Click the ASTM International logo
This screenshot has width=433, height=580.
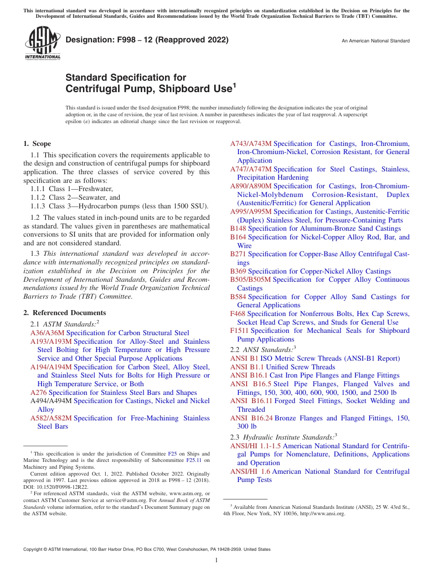coord(42,43)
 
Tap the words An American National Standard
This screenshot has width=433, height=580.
coord(376,41)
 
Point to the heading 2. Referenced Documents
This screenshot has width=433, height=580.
coord(65,313)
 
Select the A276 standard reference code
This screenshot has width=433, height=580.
coord(39,393)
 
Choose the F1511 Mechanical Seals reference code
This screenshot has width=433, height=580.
coord(239,331)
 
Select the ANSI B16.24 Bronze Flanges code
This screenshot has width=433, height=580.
coord(251,418)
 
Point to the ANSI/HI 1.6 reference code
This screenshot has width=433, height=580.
coord(250,471)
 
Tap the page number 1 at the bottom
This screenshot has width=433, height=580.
coord(216,560)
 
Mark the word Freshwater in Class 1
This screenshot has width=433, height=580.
coord(95,189)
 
